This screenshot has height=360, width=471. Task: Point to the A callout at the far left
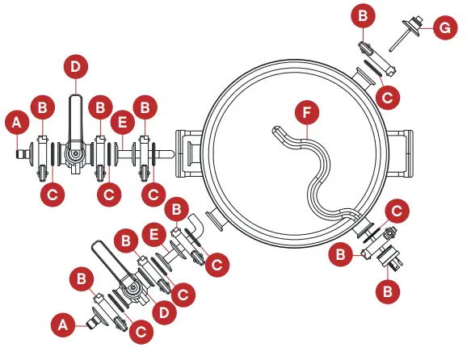pos(15,123)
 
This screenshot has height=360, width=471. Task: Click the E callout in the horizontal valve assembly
pos(123,123)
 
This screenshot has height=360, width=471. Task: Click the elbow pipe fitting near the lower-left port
pos(195,222)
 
